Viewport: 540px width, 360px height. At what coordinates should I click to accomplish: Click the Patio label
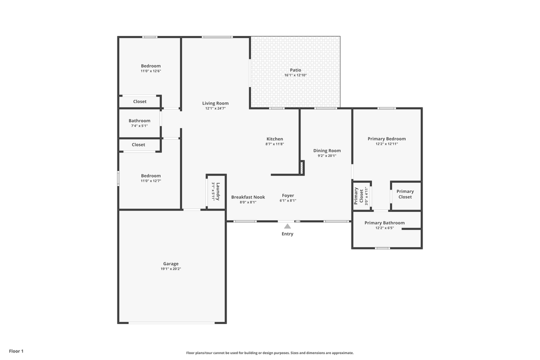click(295, 70)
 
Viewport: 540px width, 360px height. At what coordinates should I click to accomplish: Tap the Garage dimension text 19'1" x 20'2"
click(170, 269)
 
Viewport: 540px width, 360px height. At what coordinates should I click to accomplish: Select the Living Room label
click(215, 103)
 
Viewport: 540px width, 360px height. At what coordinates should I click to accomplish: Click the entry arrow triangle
click(287, 226)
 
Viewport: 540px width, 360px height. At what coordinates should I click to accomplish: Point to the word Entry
click(287, 234)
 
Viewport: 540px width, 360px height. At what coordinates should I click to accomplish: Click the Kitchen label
click(274, 139)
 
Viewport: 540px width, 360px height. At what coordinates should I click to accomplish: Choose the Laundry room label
click(218, 191)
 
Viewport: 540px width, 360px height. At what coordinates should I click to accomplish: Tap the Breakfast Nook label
click(248, 197)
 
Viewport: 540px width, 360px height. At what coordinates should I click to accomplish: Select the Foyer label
click(288, 195)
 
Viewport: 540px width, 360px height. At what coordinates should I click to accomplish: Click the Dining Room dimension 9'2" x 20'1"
click(327, 155)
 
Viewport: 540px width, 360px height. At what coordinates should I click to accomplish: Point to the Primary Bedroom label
click(386, 139)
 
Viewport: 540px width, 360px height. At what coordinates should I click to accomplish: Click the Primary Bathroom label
click(384, 223)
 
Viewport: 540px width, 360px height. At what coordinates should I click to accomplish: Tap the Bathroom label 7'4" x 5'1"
click(139, 126)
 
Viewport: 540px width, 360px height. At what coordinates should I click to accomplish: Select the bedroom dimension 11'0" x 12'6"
click(150, 71)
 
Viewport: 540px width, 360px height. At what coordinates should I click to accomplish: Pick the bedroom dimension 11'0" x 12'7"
click(150, 181)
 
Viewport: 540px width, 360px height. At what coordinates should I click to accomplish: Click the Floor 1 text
click(16, 351)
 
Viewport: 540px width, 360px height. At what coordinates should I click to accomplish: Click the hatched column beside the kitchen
click(302, 167)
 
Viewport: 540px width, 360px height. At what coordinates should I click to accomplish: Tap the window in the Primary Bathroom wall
click(382, 248)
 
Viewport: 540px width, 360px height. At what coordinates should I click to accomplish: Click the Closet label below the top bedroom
click(140, 101)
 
